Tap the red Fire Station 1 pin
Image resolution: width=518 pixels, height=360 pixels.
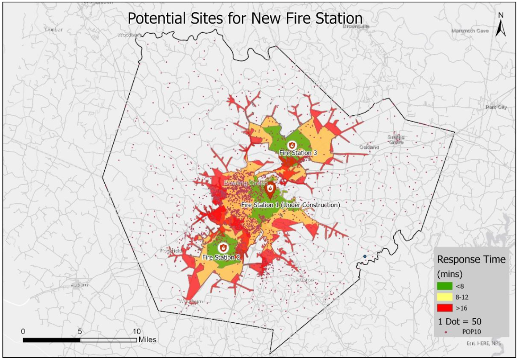[x=270, y=189]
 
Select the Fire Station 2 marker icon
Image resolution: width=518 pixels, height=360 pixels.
[x=223, y=248]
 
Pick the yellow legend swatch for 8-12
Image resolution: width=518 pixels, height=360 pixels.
[x=446, y=297]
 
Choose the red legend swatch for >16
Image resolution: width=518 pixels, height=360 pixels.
[x=446, y=308]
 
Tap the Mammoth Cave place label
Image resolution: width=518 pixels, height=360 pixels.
[x=470, y=31]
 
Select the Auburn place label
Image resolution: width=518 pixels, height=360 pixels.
[x=79, y=285]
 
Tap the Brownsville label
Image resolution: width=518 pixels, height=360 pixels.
[x=356, y=26]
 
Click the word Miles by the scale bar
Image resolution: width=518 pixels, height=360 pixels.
[x=148, y=339]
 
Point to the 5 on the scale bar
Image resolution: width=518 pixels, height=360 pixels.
[x=80, y=331]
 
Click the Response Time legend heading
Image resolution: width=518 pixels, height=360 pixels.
[x=471, y=260]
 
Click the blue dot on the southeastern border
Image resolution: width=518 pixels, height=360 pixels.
[x=365, y=257]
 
